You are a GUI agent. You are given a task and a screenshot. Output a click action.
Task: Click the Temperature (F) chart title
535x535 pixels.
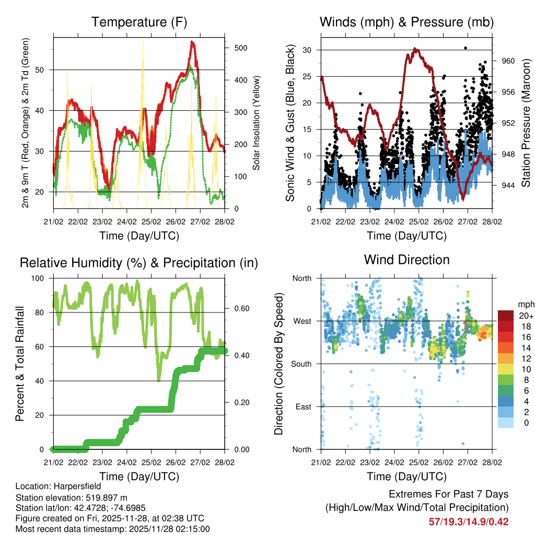[x=139, y=22]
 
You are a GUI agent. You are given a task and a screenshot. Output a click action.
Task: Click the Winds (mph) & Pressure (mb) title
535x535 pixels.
[x=406, y=22]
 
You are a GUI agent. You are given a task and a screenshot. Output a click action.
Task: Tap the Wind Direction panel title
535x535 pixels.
[x=406, y=260]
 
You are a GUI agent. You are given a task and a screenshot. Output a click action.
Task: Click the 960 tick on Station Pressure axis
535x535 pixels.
[x=508, y=61]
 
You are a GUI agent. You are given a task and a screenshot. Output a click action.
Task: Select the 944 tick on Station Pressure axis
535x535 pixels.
[x=508, y=185]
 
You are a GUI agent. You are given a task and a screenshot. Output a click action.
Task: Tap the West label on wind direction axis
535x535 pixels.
[x=301, y=321]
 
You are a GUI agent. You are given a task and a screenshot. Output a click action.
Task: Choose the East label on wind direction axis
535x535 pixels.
[x=303, y=406]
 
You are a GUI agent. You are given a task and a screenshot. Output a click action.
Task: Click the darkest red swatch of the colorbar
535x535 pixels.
[x=506, y=315]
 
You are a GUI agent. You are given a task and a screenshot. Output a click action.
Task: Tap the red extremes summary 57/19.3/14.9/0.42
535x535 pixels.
[x=468, y=522]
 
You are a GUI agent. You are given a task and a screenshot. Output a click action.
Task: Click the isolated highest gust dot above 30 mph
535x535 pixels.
[x=465, y=48]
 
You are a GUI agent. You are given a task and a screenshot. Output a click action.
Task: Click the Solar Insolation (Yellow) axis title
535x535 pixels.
[x=256, y=123]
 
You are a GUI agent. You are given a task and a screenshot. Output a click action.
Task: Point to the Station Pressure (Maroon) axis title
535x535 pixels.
[x=526, y=123]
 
